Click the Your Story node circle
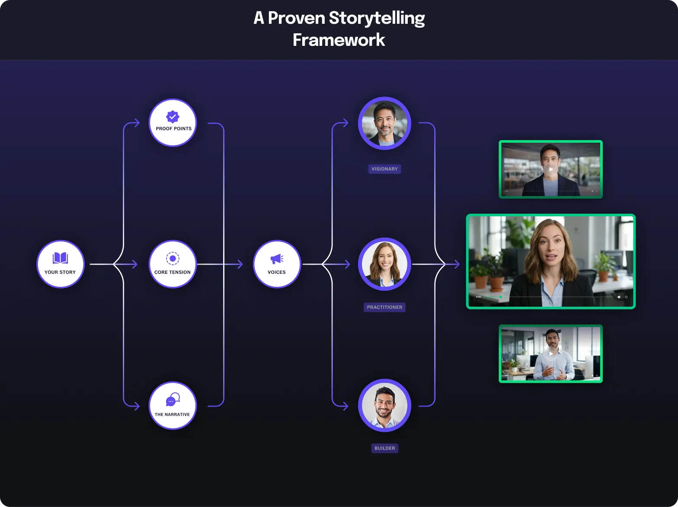coord(60,264)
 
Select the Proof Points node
coord(173,123)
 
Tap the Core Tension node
coord(173,264)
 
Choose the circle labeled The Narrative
coord(173,405)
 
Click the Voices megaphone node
coord(277,264)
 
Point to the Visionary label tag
coord(384,169)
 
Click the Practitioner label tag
coord(384,307)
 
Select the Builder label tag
coord(384,448)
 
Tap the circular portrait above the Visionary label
coord(384,123)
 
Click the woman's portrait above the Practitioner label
coord(384,264)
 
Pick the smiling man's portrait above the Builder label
coord(384,405)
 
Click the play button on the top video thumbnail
coord(550,170)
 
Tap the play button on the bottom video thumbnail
coord(550,353)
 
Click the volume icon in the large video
coord(619,297)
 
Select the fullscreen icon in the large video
coord(626,297)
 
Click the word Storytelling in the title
coord(377,18)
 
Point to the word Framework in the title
coord(339,40)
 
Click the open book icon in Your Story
coord(60,258)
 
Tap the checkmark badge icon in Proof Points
coord(173,117)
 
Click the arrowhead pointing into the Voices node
coord(240,264)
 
